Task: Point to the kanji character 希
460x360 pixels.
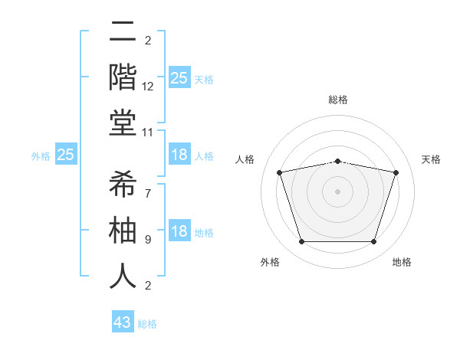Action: click(x=123, y=184)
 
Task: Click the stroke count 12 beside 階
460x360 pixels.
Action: click(x=149, y=87)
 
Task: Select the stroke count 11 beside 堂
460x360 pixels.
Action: click(x=149, y=132)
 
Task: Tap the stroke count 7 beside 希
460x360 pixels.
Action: click(x=147, y=194)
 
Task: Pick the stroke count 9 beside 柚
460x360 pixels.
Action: click(x=147, y=240)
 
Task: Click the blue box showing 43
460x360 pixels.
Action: click(x=123, y=322)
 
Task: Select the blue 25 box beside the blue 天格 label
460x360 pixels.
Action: click(x=179, y=77)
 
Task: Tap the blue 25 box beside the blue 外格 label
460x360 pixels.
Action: click(x=66, y=155)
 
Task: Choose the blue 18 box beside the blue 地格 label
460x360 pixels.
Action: click(x=179, y=231)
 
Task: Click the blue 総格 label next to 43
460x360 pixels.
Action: click(x=148, y=324)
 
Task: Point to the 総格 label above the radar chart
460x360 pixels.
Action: click(x=337, y=100)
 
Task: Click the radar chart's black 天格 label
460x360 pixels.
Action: click(x=432, y=159)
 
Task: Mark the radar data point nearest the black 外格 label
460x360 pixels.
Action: click(x=301, y=242)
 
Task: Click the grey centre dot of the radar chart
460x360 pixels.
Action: click(x=337, y=191)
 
